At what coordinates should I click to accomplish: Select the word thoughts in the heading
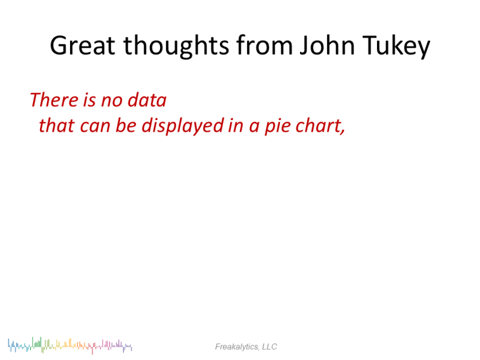point(176,46)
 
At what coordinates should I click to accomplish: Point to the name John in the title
point(327,45)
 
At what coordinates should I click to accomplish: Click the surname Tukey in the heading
point(396,46)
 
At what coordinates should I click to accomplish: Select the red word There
point(54,100)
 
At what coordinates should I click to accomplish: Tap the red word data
point(147,100)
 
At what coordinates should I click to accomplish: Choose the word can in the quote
point(95,127)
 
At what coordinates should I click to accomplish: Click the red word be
point(126,125)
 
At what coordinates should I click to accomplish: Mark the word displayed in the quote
point(183,126)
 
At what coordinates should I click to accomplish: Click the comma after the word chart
point(342,132)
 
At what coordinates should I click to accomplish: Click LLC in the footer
point(269,346)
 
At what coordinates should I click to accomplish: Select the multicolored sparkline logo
point(70,346)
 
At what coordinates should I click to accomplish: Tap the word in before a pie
point(236,126)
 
